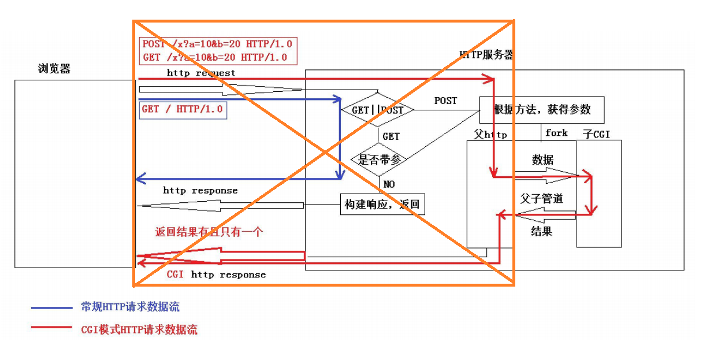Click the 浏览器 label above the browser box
[54, 69]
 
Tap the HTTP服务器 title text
[486, 55]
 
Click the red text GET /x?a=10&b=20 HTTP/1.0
[214, 57]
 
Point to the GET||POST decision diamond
[378, 109]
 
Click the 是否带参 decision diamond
[379, 159]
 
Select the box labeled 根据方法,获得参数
[541, 109]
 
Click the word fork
[556, 133]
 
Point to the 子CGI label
[596, 135]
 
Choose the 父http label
[490, 135]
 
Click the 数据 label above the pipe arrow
[543, 159]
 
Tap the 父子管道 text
[541, 198]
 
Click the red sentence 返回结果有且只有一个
[209, 232]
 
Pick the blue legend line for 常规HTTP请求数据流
[51, 308]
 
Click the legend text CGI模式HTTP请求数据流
[139, 329]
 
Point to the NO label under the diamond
[389, 184]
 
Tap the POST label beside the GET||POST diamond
[445, 101]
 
